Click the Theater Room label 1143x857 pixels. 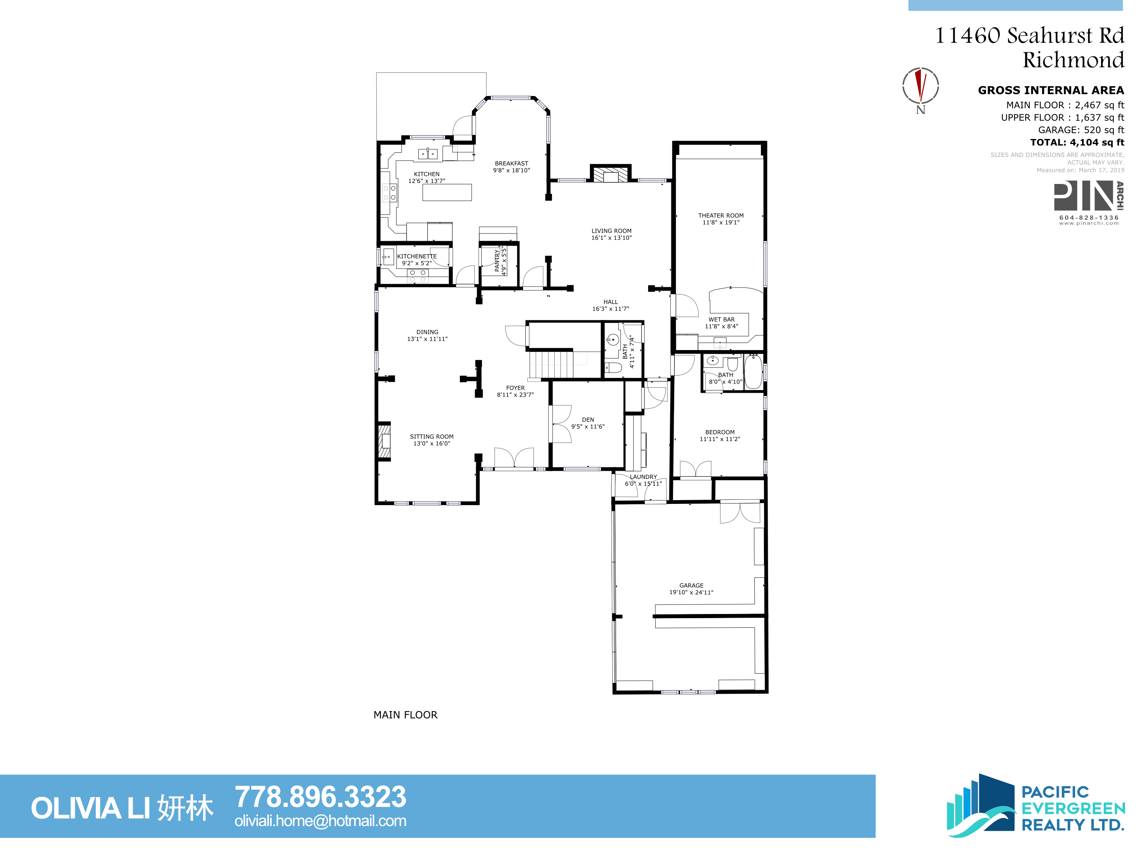(x=721, y=216)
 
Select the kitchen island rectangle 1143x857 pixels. (x=447, y=192)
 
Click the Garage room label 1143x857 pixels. (x=692, y=585)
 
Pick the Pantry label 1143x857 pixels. (x=497, y=261)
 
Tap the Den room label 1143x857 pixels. (x=588, y=419)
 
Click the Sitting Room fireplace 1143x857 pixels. (x=384, y=441)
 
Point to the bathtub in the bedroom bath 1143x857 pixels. (x=753, y=371)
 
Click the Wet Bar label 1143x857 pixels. (x=721, y=319)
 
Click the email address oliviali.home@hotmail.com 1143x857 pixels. (x=320, y=821)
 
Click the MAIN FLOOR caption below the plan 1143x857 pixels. (x=405, y=715)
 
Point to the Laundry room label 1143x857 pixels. (x=644, y=477)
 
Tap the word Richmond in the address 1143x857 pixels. (x=1073, y=60)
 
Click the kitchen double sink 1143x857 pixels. (x=428, y=154)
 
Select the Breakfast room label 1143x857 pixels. (x=512, y=163)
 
